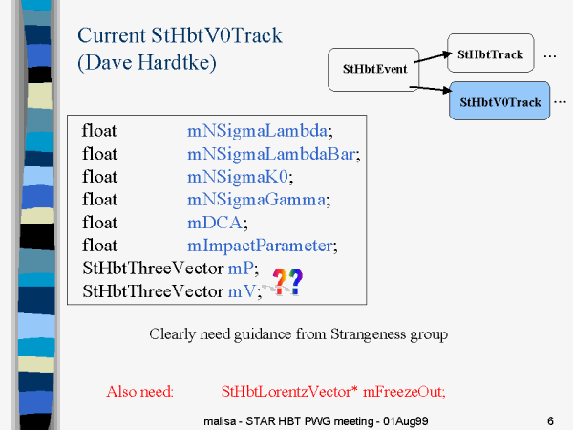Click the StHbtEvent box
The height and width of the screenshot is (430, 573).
click(x=373, y=70)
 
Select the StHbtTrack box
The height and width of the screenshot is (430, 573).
click(x=491, y=53)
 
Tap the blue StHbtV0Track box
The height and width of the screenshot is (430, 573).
click(x=499, y=101)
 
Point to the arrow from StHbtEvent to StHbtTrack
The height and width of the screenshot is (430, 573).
click(x=433, y=57)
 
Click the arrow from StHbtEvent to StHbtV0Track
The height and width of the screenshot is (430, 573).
click(x=431, y=89)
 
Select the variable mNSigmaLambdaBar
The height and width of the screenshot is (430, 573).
click(x=271, y=154)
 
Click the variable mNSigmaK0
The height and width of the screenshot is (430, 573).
click(x=238, y=177)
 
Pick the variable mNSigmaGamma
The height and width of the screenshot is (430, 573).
click(x=256, y=200)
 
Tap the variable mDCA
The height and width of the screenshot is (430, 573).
click(x=215, y=223)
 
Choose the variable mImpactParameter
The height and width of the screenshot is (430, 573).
click(x=260, y=246)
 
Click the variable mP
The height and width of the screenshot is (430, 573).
click(x=241, y=269)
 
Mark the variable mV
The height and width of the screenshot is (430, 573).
click(x=242, y=291)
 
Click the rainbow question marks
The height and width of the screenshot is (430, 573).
click(x=287, y=281)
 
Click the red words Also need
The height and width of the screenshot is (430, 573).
click(x=139, y=392)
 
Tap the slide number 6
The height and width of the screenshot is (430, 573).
click(x=550, y=421)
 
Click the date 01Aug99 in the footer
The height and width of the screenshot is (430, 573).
click(x=405, y=421)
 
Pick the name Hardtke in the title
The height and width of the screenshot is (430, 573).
click(x=177, y=62)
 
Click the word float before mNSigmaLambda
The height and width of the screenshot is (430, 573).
click(x=99, y=131)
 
